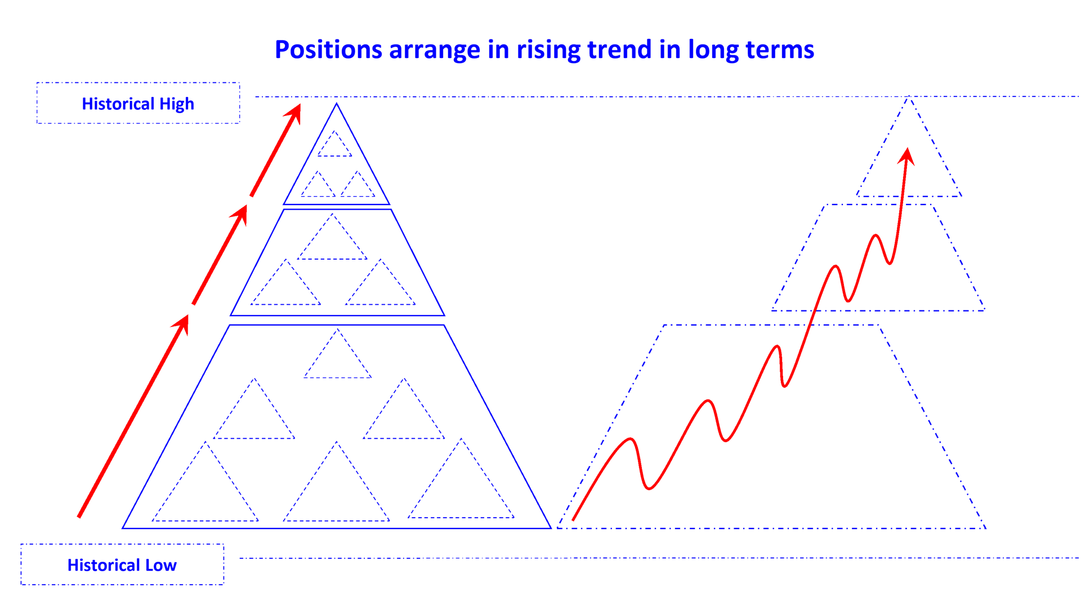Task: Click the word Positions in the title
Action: pyautogui.click(x=328, y=50)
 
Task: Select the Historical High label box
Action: pyautogui.click(x=138, y=104)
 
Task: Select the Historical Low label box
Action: pyautogui.click(x=122, y=564)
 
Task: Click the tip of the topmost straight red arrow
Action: pyautogui.click(x=299, y=106)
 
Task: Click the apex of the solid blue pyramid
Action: pyautogui.click(x=337, y=104)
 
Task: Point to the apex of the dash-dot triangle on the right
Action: pyautogui.click(x=909, y=97)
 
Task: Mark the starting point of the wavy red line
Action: pyautogui.click(x=573, y=519)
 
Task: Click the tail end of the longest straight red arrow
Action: pyautogui.click(x=79, y=516)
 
